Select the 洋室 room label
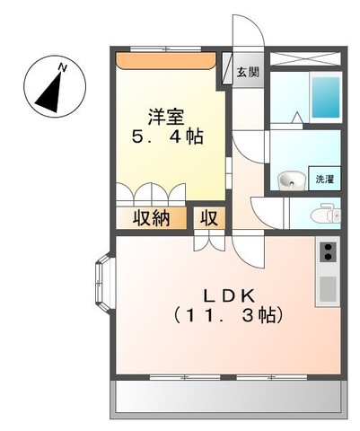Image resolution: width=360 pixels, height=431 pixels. pos(168,116)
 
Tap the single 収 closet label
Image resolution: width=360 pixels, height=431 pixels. pos(208,217)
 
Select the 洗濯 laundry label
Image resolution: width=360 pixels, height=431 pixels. pos(323,179)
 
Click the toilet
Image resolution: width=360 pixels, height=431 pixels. pos(325,214)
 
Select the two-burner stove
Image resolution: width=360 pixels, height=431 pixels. pos(328,251)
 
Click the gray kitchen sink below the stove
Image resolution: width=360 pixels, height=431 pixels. pos(328,289)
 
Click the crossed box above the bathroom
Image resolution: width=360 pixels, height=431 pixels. pos(306,58)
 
